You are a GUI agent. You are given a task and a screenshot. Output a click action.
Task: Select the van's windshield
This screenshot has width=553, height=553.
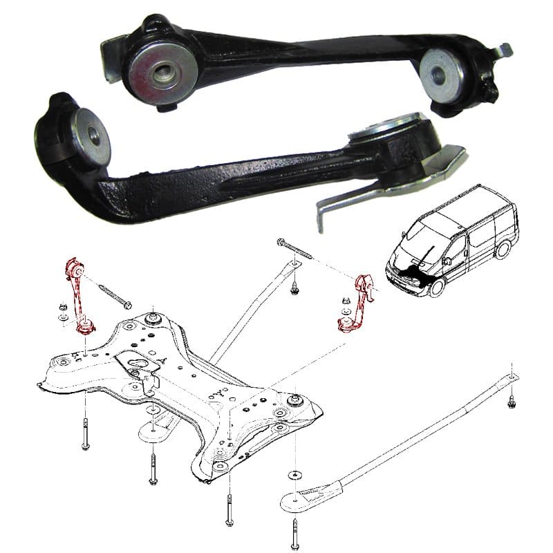(x=421, y=238)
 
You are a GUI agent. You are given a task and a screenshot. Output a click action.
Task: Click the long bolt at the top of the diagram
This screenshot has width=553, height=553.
(x=294, y=250)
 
